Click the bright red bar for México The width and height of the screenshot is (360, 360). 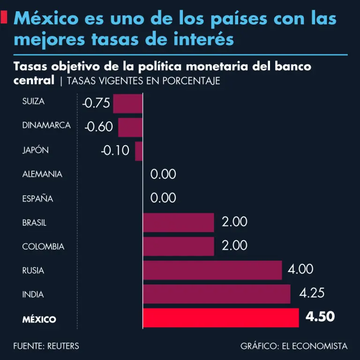[x=220, y=318]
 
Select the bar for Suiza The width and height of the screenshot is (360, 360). [x=127, y=103]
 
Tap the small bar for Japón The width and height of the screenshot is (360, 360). [x=139, y=151]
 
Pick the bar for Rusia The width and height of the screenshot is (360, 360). [x=212, y=270]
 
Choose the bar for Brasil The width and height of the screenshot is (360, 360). [x=178, y=222]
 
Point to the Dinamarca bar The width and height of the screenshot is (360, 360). [x=130, y=127]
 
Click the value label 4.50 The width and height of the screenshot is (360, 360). [x=320, y=317]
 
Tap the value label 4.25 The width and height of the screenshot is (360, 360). [x=312, y=293]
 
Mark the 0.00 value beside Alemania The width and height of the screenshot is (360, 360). [x=163, y=174]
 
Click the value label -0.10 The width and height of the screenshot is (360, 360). [x=115, y=151]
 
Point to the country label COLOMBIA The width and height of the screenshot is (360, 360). [x=43, y=247]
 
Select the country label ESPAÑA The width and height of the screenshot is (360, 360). [x=37, y=199]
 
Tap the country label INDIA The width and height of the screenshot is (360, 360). [x=33, y=295]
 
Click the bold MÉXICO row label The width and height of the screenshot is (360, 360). [x=39, y=320]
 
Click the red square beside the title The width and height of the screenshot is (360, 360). [x=5, y=18]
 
